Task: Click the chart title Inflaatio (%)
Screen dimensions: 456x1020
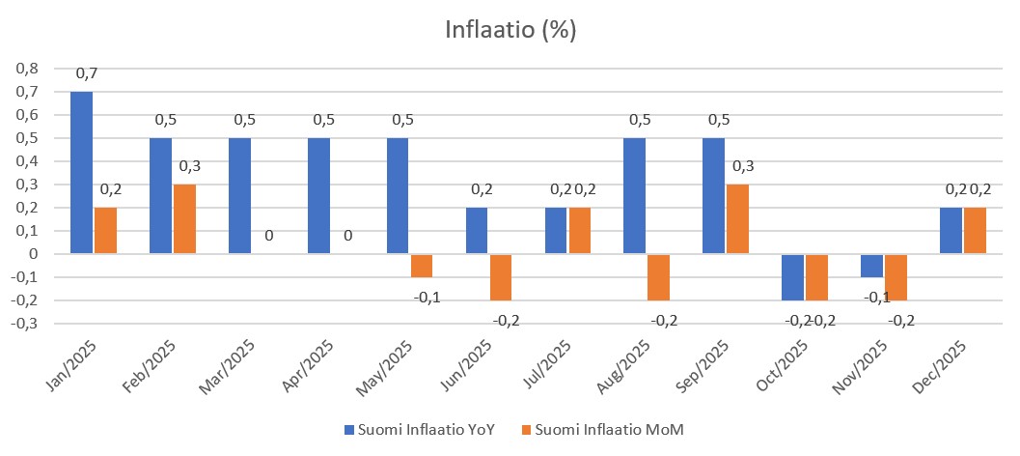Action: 510,30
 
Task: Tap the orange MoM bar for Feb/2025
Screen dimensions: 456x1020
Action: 184,218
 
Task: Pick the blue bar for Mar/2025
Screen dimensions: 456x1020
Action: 239,195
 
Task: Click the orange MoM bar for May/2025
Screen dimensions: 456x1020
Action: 422,266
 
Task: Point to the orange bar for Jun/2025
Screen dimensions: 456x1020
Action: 501,277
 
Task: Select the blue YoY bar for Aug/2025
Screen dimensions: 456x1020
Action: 635,195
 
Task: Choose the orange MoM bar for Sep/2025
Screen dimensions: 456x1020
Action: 737,218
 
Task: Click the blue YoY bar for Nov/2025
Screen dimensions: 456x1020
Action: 871,266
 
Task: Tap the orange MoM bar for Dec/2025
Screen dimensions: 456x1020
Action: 975,230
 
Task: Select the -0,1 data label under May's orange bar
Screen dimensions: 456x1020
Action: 427,296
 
